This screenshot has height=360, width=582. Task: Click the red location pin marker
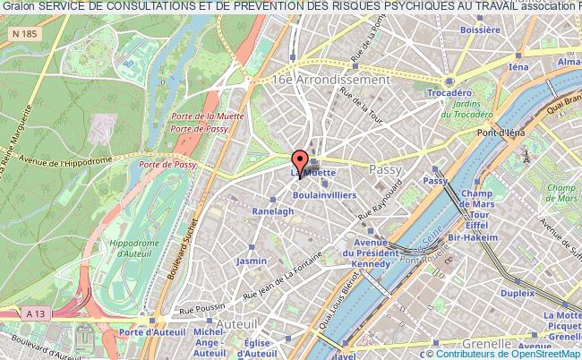[x=299, y=161]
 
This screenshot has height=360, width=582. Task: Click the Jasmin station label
[x=252, y=261]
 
